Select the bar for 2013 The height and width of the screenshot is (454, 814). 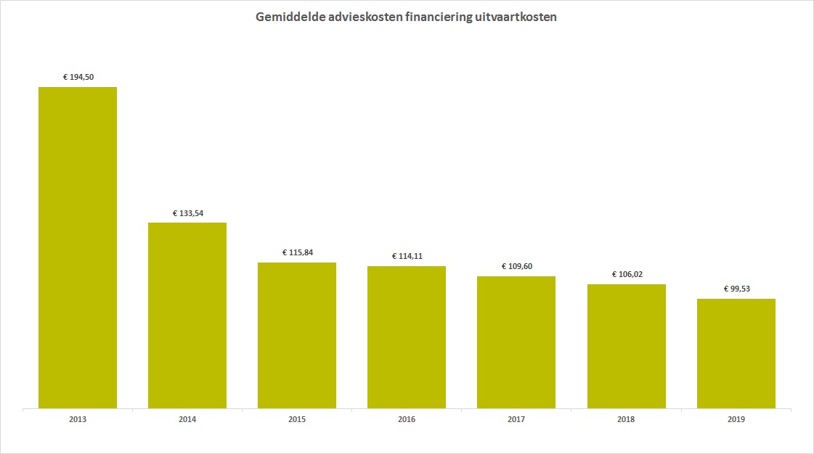(78, 248)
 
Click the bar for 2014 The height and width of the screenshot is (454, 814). (187, 315)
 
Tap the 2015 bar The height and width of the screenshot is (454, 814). (297, 335)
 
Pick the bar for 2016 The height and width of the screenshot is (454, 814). (407, 337)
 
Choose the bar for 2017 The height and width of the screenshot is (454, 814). (516, 342)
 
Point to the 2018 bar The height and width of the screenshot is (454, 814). (627, 346)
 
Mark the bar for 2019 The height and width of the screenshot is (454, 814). (736, 353)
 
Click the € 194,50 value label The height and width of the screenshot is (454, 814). (78, 77)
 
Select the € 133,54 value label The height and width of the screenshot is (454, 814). (188, 213)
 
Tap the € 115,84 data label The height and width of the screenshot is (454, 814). (298, 253)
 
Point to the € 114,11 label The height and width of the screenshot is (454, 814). (407, 256)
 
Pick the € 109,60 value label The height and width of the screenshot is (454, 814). (516, 266)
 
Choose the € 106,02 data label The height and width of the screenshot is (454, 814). (627, 274)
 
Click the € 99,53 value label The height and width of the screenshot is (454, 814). (736, 289)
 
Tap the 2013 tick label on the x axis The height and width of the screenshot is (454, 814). (78, 419)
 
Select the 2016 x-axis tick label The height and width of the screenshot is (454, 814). (407, 419)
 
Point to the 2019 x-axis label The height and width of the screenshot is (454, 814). (736, 419)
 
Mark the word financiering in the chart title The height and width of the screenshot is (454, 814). (439, 17)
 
